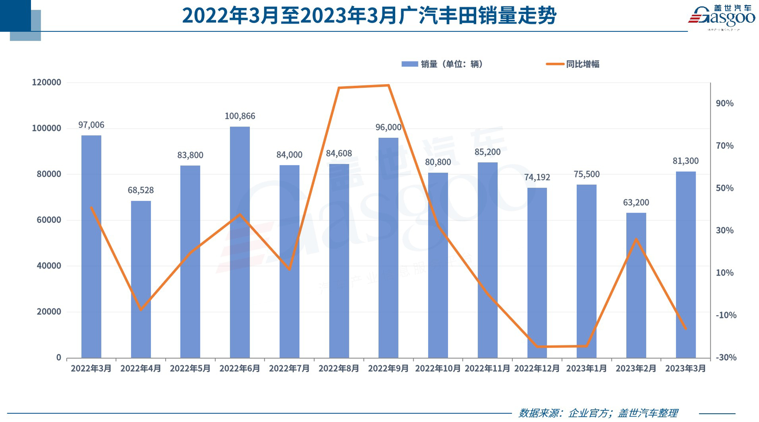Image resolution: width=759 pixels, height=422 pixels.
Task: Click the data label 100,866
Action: pyautogui.click(x=240, y=116)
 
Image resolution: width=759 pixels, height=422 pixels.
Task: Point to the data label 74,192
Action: pyautogui.click(x=537, y=177)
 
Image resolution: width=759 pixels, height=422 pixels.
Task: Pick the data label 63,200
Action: pyautogui.click(x=636, y=202)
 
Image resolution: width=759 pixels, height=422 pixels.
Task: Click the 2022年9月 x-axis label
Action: pyautogui.click(x=388, y=368)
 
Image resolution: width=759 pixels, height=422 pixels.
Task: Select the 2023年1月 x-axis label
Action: pyautogui.click(x=586, y=368)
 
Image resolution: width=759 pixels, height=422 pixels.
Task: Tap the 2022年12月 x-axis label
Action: pyautogui.click(x=537, y=368)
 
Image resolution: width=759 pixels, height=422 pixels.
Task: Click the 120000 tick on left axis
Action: pyautogui.click(x=46, y=82)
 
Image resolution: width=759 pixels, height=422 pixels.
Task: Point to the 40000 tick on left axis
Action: pyautogui.click(x=46, y=266)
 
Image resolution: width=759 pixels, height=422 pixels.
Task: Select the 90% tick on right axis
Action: pyautogui.click(x=724, y=104)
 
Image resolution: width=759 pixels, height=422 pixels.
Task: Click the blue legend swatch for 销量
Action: pyautogui.click(x=410, y=64)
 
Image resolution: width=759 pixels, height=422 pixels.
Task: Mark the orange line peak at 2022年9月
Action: pyautogui.click(x=388, y=85)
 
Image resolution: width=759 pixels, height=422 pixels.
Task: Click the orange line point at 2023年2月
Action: pyautogui.click(x=636, y=239)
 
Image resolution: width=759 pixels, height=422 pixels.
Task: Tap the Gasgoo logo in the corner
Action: pyautogui.click(x=722, y=18)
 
